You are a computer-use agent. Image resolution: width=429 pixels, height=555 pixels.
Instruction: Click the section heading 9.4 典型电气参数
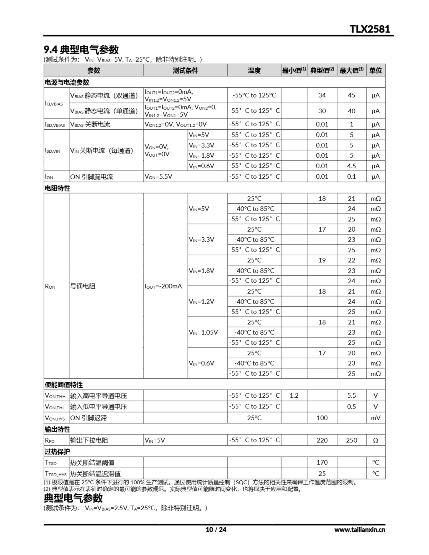pyautogui.click(x=81, y=50)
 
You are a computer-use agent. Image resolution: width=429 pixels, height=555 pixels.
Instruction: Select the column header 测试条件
pyautogui.click(x=185, y=70)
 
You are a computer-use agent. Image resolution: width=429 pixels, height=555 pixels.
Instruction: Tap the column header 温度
pyautogui.click(x=254, y=70)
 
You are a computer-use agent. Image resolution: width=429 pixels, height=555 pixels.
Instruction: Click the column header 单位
pyautogui.click(x=375, y=70)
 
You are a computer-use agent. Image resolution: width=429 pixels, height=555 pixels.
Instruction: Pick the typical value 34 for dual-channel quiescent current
pyautogui.click(x=322, y=95)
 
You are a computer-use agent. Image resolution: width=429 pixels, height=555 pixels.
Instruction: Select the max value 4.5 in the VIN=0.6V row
pyautogui.click(x=351, y=166)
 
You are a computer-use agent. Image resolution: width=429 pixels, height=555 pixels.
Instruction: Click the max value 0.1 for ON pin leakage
pyautogui.click(x=351, y=177)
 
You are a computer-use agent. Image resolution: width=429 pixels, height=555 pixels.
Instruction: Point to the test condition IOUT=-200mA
pyautogui.click(x=163, y=286)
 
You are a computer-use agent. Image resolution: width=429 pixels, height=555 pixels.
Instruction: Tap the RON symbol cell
pyautogui.click(x=50, y=286)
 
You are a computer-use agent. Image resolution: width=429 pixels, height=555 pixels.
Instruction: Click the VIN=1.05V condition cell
pyautogui.click(x=203, y=332)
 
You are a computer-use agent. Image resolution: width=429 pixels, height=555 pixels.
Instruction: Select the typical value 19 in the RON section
pyautogui.click(x=322, y=260)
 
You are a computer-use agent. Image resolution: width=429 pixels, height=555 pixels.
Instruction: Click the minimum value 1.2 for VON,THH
pyautogui.click(x=294, y=396)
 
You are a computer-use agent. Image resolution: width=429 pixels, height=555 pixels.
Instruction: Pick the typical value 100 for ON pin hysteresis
pyautogui.click(x=322, y=418)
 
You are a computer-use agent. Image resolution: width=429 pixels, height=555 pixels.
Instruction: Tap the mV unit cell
pyautogui.click(x=375, y=418)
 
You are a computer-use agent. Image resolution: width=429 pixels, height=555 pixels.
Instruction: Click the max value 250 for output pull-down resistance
pyautogui.click(x=351, y=440)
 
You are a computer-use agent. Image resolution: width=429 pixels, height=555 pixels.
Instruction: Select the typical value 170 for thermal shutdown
pyautogui.click(x=322, y=462)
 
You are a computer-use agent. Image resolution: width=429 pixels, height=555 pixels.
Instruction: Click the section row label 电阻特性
pyautogui.click(x=57, y=188)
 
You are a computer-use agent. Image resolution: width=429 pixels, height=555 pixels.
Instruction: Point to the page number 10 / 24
pyautogui.click(x=216, y=530)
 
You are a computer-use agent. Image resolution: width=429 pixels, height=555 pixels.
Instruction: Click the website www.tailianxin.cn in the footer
pyautogui.click(x=360, y=530)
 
